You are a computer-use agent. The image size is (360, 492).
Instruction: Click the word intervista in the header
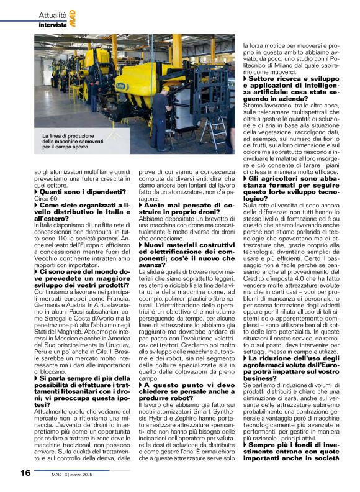(x=53, y=25)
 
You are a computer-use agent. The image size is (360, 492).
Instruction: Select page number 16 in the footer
(x=25, y=473)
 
